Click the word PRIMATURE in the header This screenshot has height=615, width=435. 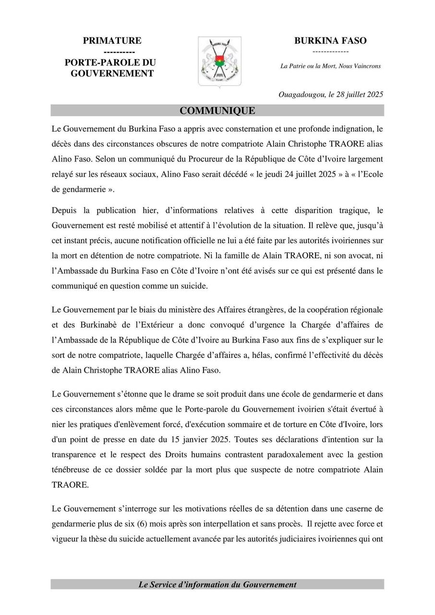(112, 41)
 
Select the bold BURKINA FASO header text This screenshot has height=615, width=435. (330, 41)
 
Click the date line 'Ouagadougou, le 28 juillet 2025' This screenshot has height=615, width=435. (331, 95)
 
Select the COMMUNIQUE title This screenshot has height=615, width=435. (217, 111)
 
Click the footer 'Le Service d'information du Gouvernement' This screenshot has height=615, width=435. (217, 585)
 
